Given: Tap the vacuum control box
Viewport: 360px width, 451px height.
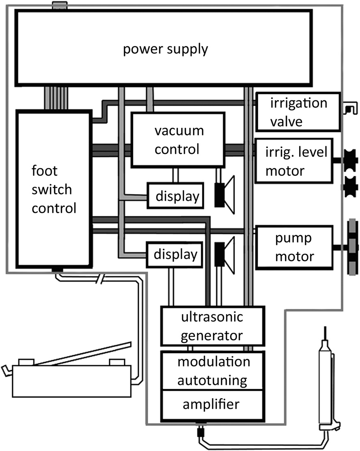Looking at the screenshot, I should [x=177, y=140].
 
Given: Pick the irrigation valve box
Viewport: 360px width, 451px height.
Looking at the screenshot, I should [x=297, y=112].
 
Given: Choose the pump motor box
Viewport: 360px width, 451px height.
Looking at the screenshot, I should [x=295, y=247].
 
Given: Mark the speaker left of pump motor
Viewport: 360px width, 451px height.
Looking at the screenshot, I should [x=225, y=254].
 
